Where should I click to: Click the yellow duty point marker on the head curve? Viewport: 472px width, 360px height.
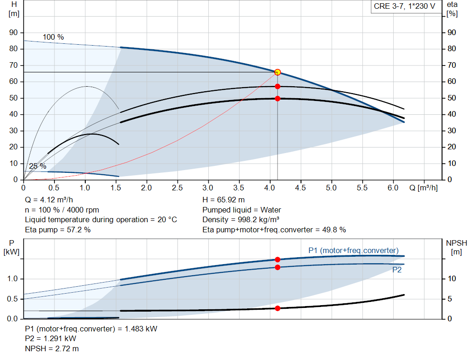pyautogui.click(x=277, y=72)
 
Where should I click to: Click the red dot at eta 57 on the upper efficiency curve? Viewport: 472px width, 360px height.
pyautogui.click(x=277, y=86)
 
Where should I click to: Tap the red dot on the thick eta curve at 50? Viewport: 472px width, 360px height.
pyautogui.click(x=277, y=98)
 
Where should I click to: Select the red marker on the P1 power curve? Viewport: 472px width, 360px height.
pyautogui.click(x=277, y=260)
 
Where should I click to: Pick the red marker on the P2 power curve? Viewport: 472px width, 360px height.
pyautogui.click(x=277, y=267)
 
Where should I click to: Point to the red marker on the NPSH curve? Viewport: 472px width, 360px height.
pyautogui.click(x=277, y=308)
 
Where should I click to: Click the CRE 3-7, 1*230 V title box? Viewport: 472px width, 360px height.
pyautogui.click(x=404, y=7)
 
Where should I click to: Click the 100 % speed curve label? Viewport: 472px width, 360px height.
pyautogui.click(x=53, y=37)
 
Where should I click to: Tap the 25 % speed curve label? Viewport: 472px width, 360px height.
pyautogui.click(x=37, y=166)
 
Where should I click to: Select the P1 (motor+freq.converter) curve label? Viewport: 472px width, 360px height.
pyautogui.click(x=353, y=250)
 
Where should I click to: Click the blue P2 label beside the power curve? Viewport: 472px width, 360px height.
pyautogui.click(x=397, y=270)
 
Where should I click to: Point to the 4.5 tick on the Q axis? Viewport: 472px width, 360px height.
pyautogui.click(x=301, y=188)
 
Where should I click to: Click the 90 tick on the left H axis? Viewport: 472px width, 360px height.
pyautogui.click(x=13, y=33)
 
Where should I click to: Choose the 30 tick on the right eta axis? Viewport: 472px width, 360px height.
pyautogui.click(x=451, y=131)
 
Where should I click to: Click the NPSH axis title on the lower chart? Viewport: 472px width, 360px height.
pyautogui.click(x=456, y=243)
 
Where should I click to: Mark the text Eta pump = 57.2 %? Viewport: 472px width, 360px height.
pyautogui.click(x=58, y=229)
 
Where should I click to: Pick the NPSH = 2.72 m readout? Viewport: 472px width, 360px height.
pyautogui.click(x=48, y=348)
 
